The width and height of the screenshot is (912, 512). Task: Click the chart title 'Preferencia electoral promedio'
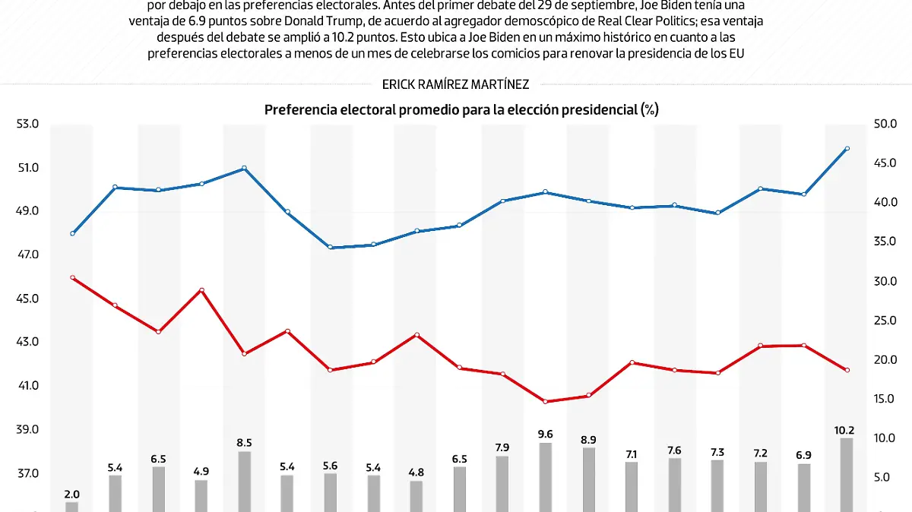pyautogui.click(x=461, y=110)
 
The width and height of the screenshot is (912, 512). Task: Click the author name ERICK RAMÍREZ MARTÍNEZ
pyautogui.click(x=456, y=84)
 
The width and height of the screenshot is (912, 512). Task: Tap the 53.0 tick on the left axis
pyautogui.click(x=27, y=124)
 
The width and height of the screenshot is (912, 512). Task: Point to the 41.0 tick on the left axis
pyautogui.click(x=27, y=386)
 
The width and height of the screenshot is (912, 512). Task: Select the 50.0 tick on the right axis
pyautogui.click(x=886, y=124)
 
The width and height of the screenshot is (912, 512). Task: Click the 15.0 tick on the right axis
pyautogui.click(x=886, y=399)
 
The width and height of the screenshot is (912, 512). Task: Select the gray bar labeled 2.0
pyautogui.click(x=72, y=506)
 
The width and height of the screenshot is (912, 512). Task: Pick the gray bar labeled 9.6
pyautogui.click(x=546, y=476)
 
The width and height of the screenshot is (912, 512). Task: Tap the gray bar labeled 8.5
pyautogui.click(x=245, y=481)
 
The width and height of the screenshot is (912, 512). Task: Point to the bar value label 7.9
pyautogui.click(x=502, y=447)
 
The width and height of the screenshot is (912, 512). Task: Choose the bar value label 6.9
pyautogui.click(x=803, y=454)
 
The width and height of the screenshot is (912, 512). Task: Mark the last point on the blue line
pyautogui.click(x=847, y=149)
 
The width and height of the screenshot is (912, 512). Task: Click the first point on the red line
pyautogui.click(x=72, y=278)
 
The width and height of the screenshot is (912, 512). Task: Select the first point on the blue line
pyautogui.click(x=72, y=233)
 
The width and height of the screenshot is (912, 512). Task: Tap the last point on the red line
pyautogui.click(x=847, y=370)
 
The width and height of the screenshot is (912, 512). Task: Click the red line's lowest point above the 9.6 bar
pyautogui.click(x=546, y=401)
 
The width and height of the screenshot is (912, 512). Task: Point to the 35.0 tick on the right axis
pyautogui.click(x=886, y=242)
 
